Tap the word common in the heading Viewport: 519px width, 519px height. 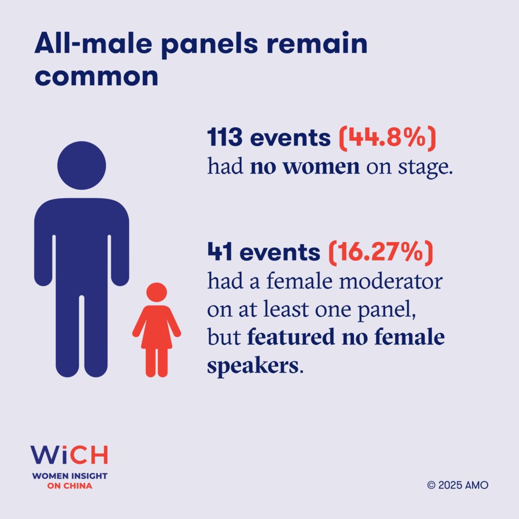click(x=96, y=77)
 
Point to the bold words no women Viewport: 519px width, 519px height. click(x=305, y=166)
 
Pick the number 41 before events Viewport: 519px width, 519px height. click(x=219, y=252)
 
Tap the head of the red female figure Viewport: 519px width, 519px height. click(x=157, y=292)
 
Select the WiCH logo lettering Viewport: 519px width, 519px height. click(x=69, y=455)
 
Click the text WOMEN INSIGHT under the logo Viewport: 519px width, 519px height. click(x=69, y=476)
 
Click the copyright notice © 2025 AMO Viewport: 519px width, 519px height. click(x=458, y=485)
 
